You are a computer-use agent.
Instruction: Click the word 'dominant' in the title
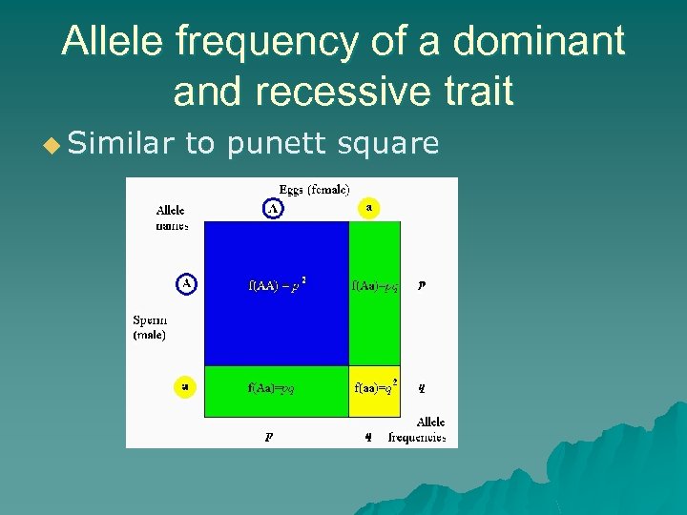[538, 42]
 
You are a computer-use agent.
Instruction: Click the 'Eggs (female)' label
[314, 188]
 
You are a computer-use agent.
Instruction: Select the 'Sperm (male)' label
[149, 327]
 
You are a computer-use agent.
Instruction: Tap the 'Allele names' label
[171, 217]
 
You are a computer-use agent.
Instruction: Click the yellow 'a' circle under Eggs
[368, 207]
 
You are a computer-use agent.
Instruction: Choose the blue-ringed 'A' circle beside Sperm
[186, 284]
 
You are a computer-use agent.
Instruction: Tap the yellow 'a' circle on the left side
[185, 387]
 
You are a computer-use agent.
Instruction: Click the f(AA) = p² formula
[277, 285]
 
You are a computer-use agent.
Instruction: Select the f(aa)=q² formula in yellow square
[375, 388]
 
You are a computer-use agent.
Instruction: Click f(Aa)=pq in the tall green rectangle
[375, 285]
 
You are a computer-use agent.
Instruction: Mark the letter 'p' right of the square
[422, 285]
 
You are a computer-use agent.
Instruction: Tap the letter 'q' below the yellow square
[367, 438]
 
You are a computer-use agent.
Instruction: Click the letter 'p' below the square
[269, 438]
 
